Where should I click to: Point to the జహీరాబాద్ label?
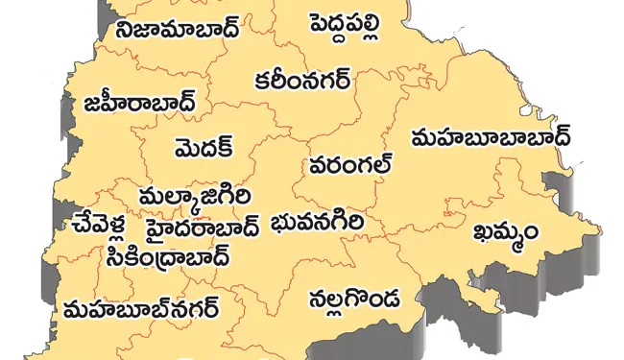[x=140, y=102]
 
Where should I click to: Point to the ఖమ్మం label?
[x=506, y=232]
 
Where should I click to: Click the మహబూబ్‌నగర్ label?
[x=140, y=309]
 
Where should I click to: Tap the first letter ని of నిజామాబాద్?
[x=126, y=29]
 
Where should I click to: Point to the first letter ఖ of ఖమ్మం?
[x=483, y=232]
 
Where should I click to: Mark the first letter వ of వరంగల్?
[x=318, y=167]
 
